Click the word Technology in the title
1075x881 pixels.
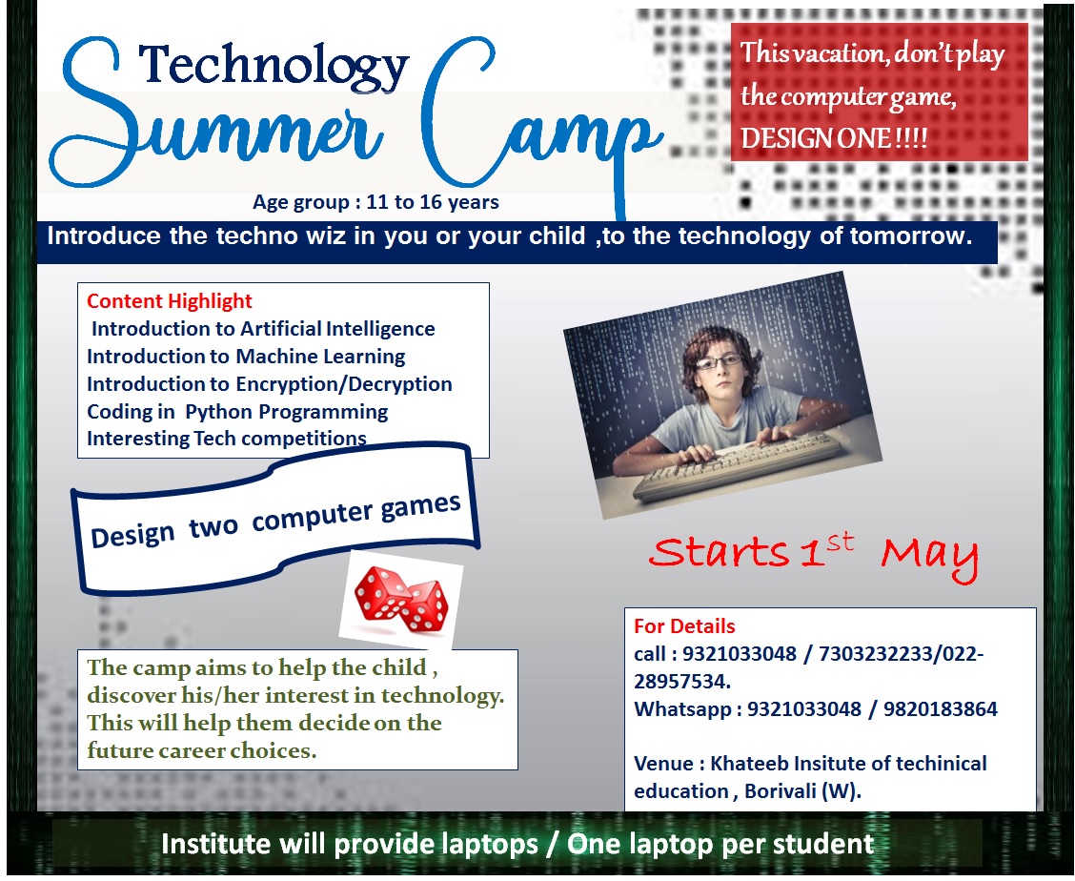click(x=274, y=67)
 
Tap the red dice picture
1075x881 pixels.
click(x=401, y=599)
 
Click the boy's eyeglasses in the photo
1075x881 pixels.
click(x=720, y=361)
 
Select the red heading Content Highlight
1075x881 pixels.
click(x=170, y=301)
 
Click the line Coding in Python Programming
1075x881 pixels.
click(x=237, y=412)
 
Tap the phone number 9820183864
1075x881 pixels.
click(x=940, y=708)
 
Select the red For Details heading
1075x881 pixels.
click(x=684, y=625)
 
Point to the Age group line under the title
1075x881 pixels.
click(x=375, y=202)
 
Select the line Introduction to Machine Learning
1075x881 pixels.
click(x=246, y=357)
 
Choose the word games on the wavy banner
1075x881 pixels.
click(x=420, y=508)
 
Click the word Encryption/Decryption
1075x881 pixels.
click(x=344, y=384)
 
